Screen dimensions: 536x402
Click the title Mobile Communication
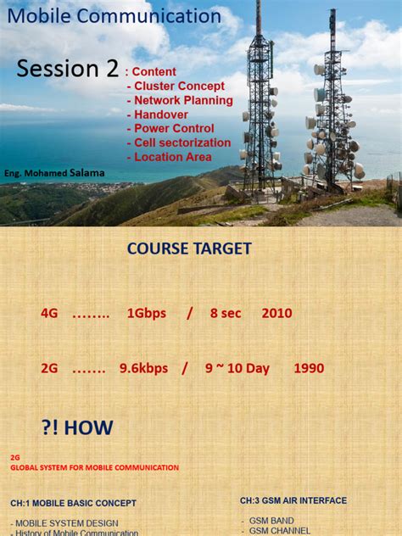point(114,15)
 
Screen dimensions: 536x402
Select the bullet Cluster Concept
point(176,86)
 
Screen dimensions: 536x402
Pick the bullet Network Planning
point(180,100)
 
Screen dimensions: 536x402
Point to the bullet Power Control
point(170,129)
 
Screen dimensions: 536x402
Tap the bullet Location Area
point(170,157)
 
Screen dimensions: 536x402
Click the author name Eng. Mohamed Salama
point(54,173)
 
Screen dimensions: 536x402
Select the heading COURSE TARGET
point(189,248)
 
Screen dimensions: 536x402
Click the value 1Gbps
point(147,313)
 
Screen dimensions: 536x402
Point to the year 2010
point(276,313)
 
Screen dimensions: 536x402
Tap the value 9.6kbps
point(143,368)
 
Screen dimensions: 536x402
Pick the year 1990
point(309,368)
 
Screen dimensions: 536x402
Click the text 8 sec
point(226,313)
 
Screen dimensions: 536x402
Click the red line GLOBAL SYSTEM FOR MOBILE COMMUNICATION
point(94,467)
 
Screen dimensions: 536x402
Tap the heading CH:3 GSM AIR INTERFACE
point(293,500)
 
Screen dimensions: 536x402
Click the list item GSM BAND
point(271,520)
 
